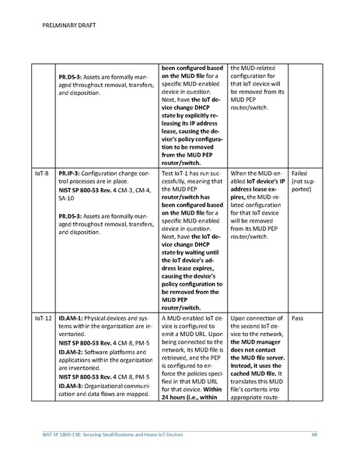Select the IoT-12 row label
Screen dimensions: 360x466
point(44,319)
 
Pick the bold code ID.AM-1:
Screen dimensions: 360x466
point(75,319)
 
